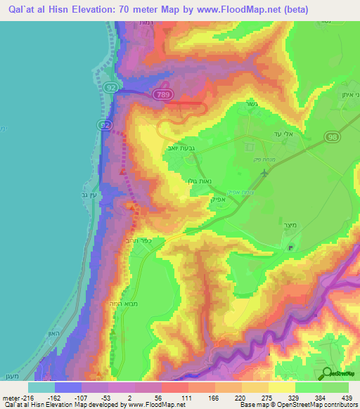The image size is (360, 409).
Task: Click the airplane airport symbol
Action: [x=264, y=173]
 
